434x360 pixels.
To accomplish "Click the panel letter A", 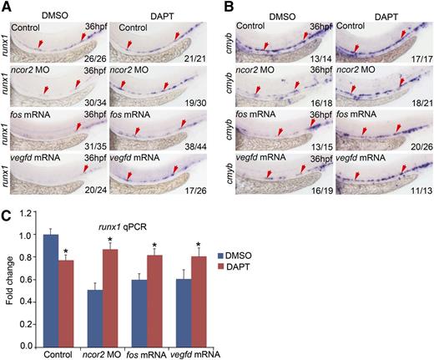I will (6, 7).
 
